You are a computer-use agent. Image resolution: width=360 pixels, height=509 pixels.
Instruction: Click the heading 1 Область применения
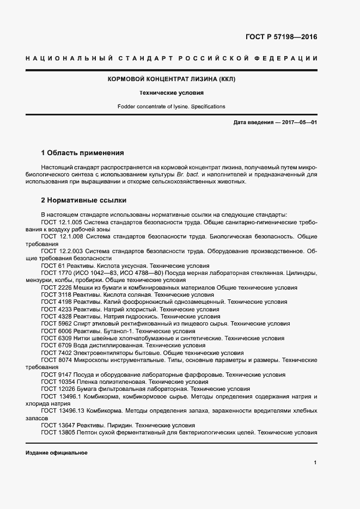point(83,152)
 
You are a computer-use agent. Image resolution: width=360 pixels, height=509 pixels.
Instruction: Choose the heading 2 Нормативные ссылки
point(83,200)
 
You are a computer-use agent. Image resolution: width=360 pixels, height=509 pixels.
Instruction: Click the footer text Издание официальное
point(57,452)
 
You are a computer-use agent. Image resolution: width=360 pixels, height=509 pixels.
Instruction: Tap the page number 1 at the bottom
point(315,462)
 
